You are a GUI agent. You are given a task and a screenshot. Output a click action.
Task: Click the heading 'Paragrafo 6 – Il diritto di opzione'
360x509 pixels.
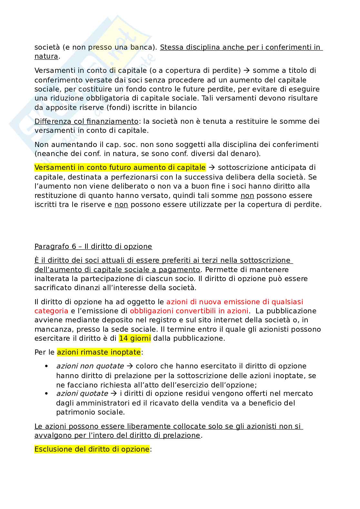[93, 247]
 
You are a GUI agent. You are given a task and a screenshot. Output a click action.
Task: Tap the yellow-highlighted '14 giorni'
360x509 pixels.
[135, 338]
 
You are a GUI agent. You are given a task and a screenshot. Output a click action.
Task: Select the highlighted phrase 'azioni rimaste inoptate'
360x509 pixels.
[99, 352]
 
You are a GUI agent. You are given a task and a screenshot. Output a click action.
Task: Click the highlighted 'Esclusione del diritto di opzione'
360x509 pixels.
[92, 449]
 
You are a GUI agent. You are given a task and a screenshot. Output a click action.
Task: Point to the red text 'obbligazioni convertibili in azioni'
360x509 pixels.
[189, 311]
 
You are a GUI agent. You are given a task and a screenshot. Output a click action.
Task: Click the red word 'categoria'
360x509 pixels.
[51, 311]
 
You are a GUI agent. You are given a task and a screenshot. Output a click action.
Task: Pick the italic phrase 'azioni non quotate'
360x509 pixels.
[90, 366]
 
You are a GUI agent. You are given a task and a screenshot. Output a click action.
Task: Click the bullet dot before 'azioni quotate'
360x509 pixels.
[47, 394]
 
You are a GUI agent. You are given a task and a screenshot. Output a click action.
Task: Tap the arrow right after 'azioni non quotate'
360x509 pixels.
[130, 366]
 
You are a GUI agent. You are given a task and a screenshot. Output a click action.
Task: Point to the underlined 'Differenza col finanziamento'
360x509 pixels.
[86, 122]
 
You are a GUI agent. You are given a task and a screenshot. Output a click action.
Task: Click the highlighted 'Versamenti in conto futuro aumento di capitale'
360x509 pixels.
[120, 168]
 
